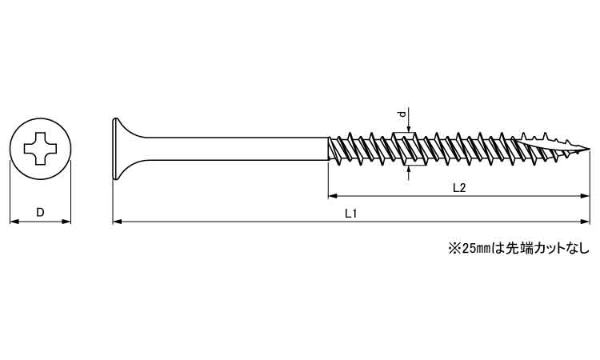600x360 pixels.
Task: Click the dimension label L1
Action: click(350, 212)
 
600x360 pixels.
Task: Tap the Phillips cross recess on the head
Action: click(40, 148)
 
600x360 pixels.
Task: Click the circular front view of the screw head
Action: click(40, 148)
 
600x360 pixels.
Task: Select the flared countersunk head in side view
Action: click(120, 149)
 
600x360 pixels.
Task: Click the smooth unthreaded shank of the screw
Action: click(232, 149)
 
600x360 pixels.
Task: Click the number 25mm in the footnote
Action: click(472, 248)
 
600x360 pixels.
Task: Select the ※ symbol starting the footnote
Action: click(452, 248)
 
